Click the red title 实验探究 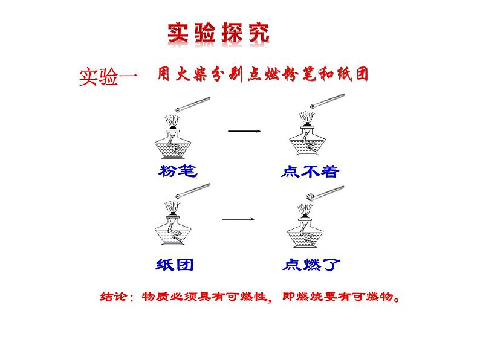(x=217, y=34)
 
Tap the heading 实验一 (x=108, y=77)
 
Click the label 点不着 (x=311, y=172)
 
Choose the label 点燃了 (x=311, y=265)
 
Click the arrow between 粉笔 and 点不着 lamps (x=244, y=131)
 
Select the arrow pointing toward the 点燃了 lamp (x=237, y=219)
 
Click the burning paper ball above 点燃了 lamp (x=310, y=196)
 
